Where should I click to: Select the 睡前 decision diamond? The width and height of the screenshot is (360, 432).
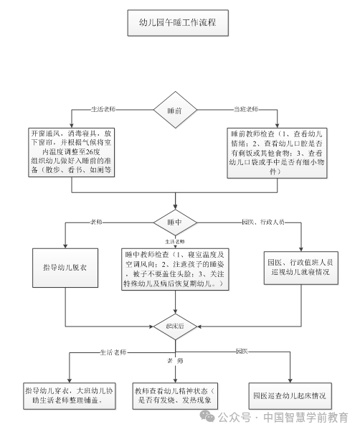click(174, 111)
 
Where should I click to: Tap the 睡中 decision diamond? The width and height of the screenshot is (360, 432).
click(175, 222)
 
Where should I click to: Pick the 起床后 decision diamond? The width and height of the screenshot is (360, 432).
click(175, 326)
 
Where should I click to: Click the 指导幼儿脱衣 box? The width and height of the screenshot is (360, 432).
click(65, 268)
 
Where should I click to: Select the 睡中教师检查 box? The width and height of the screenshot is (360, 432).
click(175, 270)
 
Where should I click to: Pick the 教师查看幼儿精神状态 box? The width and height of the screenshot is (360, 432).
click(175, 396)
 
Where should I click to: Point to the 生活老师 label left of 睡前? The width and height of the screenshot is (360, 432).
click(104, 109)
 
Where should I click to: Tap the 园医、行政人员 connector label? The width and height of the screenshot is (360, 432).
click(264, 222)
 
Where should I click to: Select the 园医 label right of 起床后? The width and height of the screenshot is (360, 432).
click(242, 351)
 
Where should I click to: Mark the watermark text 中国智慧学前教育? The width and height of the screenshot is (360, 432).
click(305, 417)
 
